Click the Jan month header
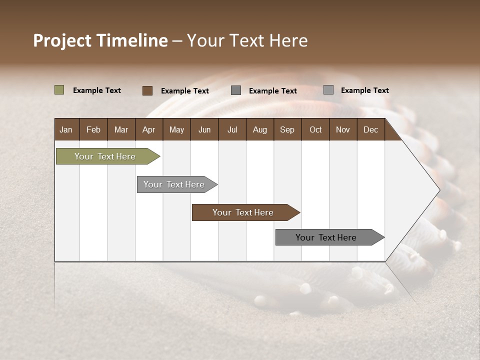tap(66, 129)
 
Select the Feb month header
tap(93, 129)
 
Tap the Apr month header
tap(148, 129)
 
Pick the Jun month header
tap(204, 129)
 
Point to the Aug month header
tap(259, 129)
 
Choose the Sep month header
tap(287, 129)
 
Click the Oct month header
tap(315, 129)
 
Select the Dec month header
tap(370, 129)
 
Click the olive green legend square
tap(59, 90)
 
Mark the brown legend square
tap(147, 90)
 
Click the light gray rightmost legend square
tap(328, 90)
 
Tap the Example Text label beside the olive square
tap(97, 90)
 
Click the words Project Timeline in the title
tap(100, 40)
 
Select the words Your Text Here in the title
tap(247, 40)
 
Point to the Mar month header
tap(121, 129)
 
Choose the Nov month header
tap(342, 129)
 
